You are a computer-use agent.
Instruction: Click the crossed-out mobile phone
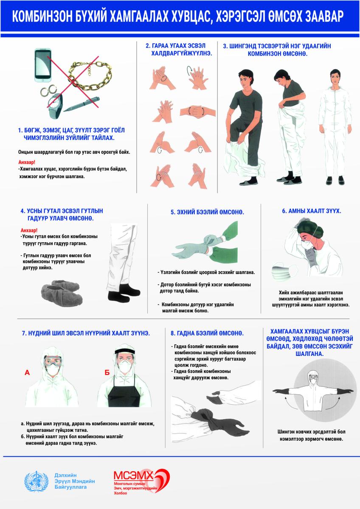pos(42,65)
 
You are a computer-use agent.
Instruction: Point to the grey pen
pos(82,104)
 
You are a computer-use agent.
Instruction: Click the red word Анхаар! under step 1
pos(27,162)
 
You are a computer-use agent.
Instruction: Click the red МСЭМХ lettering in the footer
pos(133,475)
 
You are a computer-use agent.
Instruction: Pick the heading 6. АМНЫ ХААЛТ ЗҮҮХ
pos(312,211)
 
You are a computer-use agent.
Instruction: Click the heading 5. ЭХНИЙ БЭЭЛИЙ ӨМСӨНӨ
pos(207,212)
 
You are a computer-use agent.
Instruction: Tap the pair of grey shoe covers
pos(62,293)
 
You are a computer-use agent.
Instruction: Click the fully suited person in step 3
pos(335,127)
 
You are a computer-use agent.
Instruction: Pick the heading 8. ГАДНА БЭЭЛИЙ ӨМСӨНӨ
pos(207,333)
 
